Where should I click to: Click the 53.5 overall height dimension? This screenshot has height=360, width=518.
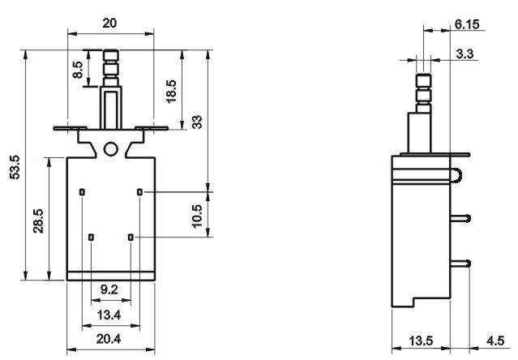pos(15,167)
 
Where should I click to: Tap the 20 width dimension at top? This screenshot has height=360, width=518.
pos(109,24)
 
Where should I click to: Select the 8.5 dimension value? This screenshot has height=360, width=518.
pos(78,70)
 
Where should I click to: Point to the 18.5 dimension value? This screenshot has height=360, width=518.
pos(172,92)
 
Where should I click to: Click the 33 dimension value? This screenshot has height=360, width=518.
pos(197,122)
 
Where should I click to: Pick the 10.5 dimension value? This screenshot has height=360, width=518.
pos(197,216)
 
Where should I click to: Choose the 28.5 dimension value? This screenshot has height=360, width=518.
pos(38,221)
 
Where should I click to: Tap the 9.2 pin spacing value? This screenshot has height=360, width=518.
pos(109,289)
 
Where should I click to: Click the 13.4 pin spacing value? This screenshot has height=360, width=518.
pos(109,315)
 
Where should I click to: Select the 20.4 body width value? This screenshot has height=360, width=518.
pos(109,339)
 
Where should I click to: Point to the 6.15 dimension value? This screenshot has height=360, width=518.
pos(467,24)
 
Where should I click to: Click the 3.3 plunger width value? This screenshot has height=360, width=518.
pos(464,54)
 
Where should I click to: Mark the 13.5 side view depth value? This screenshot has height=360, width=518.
pos(421,341)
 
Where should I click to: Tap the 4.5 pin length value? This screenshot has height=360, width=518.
pos(495,341)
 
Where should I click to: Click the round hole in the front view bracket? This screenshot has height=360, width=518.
pos(111,149)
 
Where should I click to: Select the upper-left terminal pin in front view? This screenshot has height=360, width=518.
pos(82,192)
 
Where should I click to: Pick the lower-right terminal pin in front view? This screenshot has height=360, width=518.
pos(131,237)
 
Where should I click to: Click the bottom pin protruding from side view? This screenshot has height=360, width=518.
pos(460,264)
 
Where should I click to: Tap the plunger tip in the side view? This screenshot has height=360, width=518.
pos(423,80)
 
